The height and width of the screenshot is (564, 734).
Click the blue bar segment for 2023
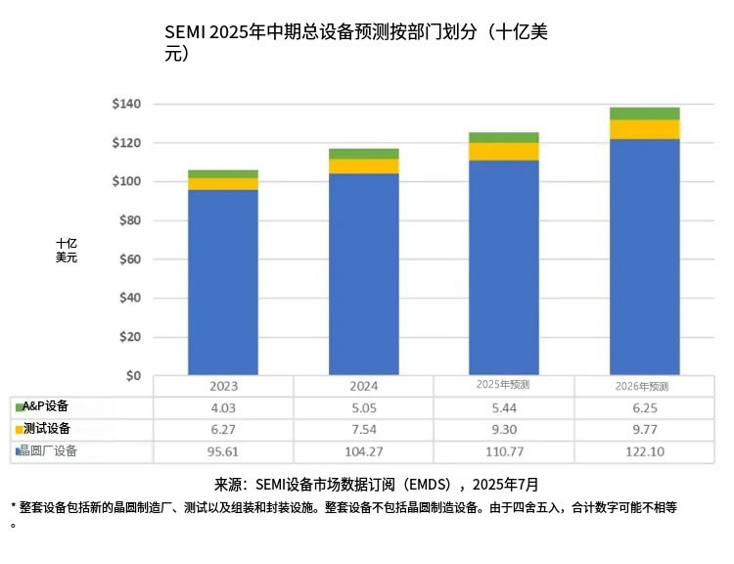pos(222,282)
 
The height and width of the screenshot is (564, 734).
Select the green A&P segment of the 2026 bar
pos(644,114)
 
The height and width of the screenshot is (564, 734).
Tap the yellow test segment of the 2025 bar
pos(503,151)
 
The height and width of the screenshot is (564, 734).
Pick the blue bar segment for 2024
pos(363,274)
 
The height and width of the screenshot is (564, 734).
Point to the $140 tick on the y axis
pos(127,104)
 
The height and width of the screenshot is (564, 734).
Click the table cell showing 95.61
pos(222,451)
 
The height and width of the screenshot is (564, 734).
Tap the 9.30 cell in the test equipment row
pos(503,429)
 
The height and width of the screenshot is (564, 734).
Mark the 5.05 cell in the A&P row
pos(363,406)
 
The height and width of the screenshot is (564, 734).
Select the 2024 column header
pos(363,386)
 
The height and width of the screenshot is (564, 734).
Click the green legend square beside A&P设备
pos(19,406)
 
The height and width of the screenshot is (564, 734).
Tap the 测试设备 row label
pos(47,429)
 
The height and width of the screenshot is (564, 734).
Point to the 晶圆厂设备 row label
pos(50,451)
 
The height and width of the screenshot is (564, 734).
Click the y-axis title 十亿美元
pos(67,250)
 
